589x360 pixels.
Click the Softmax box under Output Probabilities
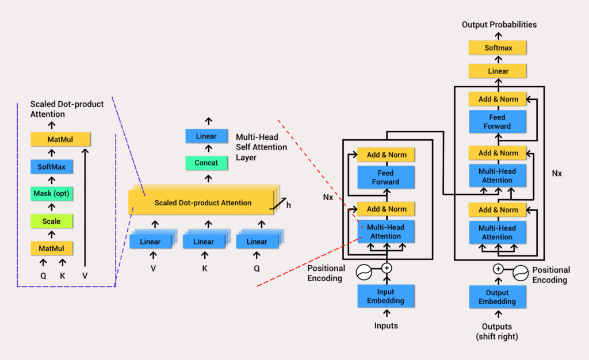[498, 48]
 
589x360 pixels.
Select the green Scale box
[51, 221]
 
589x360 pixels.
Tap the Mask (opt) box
[51, 194]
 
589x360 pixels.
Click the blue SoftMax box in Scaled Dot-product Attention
[51, 167]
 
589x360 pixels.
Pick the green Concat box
[206, 163]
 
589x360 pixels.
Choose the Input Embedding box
[385, 296]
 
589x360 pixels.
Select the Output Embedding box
[497, 297]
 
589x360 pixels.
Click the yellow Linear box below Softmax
[498, 71]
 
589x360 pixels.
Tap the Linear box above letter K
[203, 242]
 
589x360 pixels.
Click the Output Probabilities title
[499, 25]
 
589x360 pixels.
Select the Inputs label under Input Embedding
[385, 326]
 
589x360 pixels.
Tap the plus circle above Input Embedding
[387, 267]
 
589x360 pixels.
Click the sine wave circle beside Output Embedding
[520, 269]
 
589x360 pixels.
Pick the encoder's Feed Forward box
[385, 177]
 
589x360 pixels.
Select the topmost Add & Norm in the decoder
[498, 99]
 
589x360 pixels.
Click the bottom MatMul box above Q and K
[51, 248]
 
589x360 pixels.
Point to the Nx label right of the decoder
[557, 173]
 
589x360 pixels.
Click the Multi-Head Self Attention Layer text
[257, 147]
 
